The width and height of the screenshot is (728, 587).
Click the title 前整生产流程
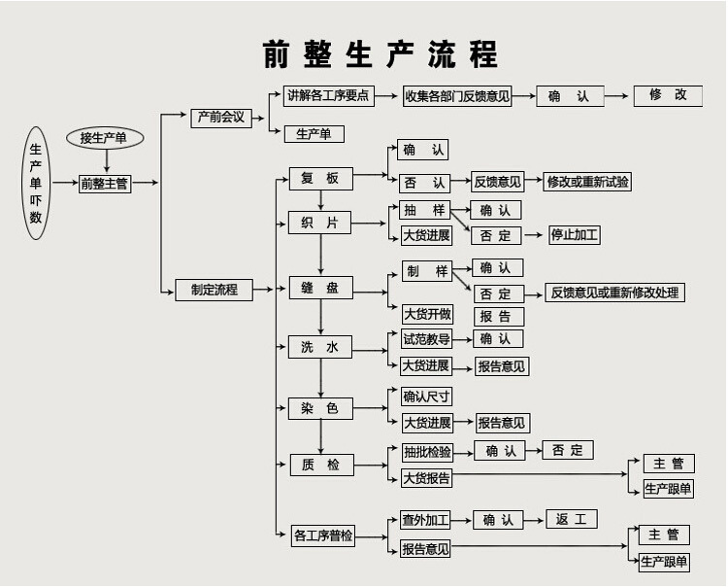click(380, 53)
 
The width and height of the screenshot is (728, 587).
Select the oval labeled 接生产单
click(104, 138)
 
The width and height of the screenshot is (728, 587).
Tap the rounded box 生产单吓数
click(36, 184)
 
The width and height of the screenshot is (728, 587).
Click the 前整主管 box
click(105, 183)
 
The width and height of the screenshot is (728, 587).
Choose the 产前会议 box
click(221, 118)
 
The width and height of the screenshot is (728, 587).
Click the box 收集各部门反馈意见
click(457, 96)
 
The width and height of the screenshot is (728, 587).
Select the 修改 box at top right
click(668, 95)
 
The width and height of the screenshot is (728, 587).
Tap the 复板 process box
click(319, 179)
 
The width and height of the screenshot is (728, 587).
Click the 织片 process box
click(319, 224)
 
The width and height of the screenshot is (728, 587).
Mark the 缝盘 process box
click(319, 288)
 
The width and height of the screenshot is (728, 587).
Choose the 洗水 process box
click(319, 347)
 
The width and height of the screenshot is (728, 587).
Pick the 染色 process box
click(319, 409)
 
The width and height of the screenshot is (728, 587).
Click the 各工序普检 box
click(323, 535)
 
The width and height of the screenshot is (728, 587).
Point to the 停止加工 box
click(575, 235)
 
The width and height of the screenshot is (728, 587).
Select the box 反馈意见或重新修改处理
click(615, 293)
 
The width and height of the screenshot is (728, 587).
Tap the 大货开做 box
click(426, 314)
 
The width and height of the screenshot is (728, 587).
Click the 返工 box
click(571, 519)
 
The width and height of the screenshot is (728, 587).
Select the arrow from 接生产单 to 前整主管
click(105, 161)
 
